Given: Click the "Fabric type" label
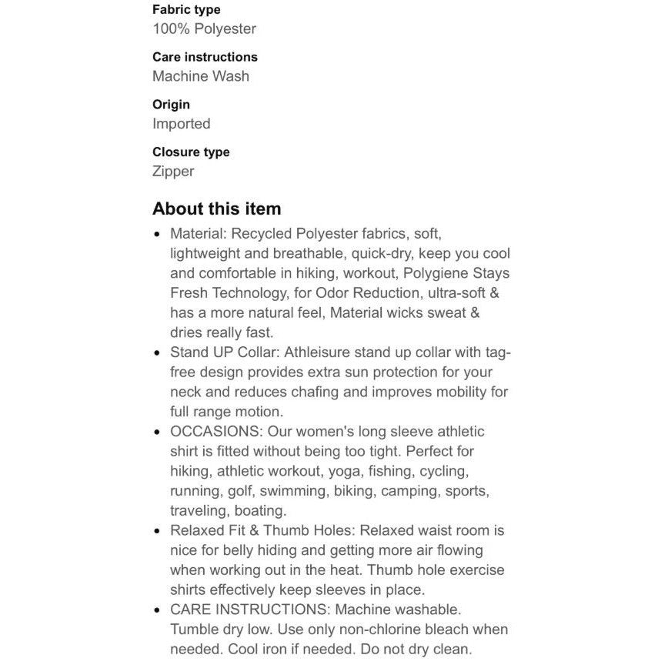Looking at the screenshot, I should (186, 10).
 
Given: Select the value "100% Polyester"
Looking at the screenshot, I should (204, 29).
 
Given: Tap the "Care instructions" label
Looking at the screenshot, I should (205, 57).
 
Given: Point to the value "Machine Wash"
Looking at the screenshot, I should (201, 76).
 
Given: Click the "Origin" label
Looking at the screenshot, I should (171, 105).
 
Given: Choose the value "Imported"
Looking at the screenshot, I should (181, 124).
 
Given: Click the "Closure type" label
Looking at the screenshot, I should (191, 152).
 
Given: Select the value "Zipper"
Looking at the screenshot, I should (173, 172).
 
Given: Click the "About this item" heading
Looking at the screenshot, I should (217, 209).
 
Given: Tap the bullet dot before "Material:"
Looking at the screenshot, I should (158, 233).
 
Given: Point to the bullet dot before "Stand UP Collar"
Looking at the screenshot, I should (158, 352).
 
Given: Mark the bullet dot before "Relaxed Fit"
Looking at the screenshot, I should (158, 531).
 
